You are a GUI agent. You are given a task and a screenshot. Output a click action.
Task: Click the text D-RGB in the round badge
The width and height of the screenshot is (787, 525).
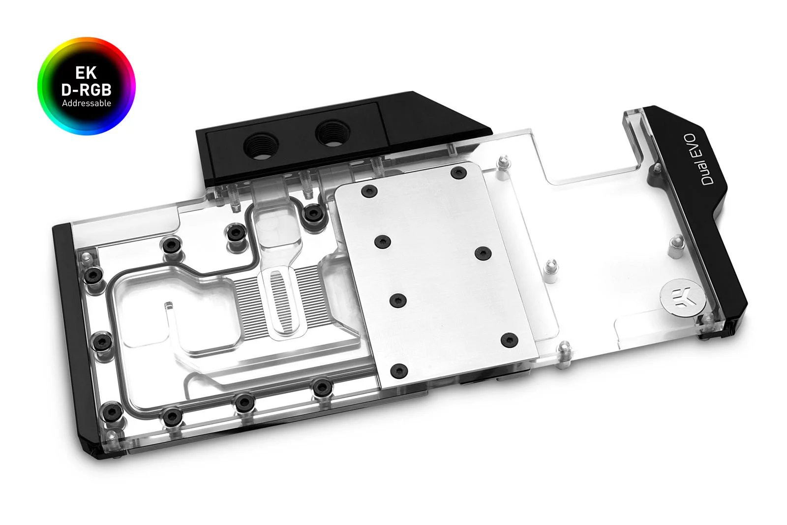click(86, 90)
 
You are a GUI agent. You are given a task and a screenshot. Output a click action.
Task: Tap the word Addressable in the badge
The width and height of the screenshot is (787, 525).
click(86, 103)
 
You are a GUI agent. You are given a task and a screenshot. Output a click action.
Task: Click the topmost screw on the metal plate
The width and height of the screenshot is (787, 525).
click(458, 173)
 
